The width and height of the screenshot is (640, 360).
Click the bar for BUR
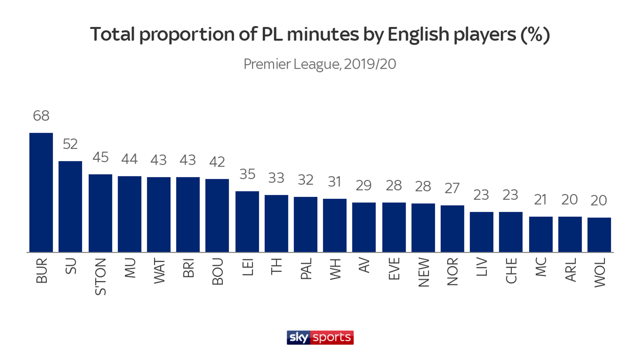[x=41, y=192]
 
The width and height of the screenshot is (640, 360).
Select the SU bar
[x=70, y=206]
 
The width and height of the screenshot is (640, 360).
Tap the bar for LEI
[x=247, y=222]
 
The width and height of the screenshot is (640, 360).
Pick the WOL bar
[x=599, y=235]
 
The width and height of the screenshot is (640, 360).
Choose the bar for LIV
[x=482, y=232]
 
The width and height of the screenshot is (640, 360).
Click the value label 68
[x=41, y=116]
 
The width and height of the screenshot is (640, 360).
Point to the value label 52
[x=70, y=144]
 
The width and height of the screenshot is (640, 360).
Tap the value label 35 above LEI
[x=247, y=174]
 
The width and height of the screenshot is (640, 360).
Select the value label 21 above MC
[x=540, y=200]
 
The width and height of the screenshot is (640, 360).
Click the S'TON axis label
[x=100, y=276]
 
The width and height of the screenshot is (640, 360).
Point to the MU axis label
[x=130, y=268]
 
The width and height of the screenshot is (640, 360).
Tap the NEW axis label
[x=423, y=272]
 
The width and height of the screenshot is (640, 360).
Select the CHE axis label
[x=511, y=271]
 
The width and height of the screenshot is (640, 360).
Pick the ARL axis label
[x=570, y=270]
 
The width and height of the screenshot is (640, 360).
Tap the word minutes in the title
[x=323, y=35]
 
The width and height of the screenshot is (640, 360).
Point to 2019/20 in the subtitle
[x=370, y=64]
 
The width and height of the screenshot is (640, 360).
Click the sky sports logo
[x=320, y=338]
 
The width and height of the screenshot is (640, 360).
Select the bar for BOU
[x=217, y=216]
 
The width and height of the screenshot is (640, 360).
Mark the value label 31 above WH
[x=335, y=182]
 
